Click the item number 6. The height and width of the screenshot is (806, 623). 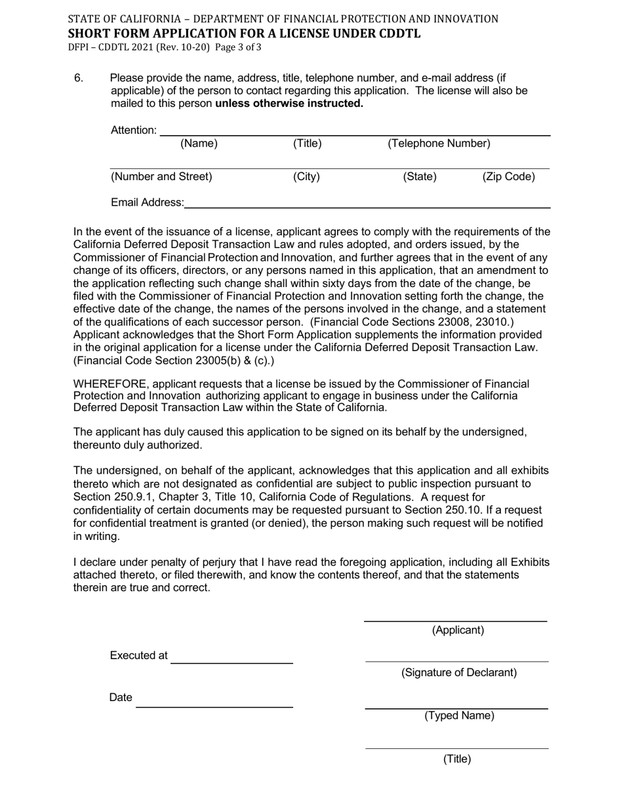click(79, 79)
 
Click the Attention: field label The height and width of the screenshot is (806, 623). click(134, 130)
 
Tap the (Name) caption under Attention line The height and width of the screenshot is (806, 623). click(199, 144)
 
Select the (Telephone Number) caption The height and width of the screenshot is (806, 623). click(439, 144)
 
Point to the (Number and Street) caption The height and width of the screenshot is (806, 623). click(161, 176)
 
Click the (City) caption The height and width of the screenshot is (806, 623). click(306, 176)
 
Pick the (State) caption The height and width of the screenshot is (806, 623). click(420, 176)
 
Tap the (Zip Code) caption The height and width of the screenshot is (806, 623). click(509, 176)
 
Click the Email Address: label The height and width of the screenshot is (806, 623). click(147, 202)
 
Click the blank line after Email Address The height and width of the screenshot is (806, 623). click(367, 207)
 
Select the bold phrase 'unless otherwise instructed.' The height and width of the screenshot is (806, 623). click(289, 104)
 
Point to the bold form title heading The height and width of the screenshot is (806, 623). click(245, 33)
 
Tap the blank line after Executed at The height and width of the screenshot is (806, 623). click(231, 662)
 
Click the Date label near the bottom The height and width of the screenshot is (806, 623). click(121, 697)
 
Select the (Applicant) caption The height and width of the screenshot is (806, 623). click(458, 630)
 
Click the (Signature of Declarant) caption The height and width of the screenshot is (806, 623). click(459, 672)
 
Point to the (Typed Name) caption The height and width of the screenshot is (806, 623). click(459, 716)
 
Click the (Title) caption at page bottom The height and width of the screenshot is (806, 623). click(457, 759)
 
